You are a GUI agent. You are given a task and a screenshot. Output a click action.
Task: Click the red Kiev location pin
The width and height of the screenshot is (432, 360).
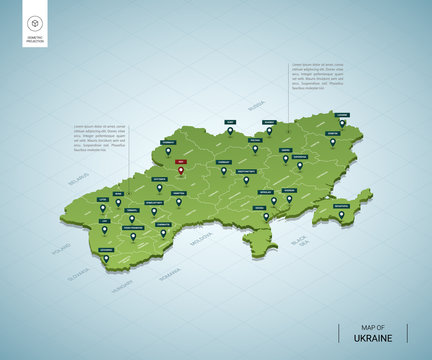(181, 170)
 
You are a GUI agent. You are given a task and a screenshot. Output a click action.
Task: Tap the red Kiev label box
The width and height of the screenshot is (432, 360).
(180, 160)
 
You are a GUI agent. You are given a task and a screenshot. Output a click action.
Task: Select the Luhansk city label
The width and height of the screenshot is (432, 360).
(342, 115)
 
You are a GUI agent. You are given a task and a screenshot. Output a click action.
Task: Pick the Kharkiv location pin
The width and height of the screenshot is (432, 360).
(286, 157)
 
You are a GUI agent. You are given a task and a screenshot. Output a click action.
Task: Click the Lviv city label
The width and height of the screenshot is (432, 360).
(103, 199)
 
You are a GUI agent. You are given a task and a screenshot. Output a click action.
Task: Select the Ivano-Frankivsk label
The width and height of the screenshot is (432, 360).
(133, 227)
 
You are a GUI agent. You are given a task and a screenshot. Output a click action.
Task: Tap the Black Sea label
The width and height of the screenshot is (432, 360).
(298, 241)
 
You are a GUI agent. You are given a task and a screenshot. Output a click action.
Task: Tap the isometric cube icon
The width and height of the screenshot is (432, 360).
(36, 24)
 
